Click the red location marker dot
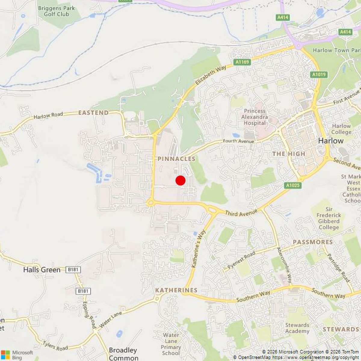[x=180, y=180]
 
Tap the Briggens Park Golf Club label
[x=56, y=11]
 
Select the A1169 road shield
[x=242, y=62]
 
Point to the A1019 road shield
[x=319, y=75]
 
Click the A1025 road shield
[x=293, y=185]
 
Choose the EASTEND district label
[x=93, y=113]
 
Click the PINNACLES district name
[x=177, y=159]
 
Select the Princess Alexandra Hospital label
[x=255, y=117]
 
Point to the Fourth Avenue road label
[x=239, y=141]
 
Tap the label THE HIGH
[x=289, y=154]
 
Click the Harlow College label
[x=341, y=129]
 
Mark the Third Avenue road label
[x=241, y=213]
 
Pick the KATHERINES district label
[x=176, y=290]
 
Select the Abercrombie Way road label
[x=285, y=265]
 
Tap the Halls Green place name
[x=42, y=270]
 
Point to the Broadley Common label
[x=123, y=354]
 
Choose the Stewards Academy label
[x=297, y=328]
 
